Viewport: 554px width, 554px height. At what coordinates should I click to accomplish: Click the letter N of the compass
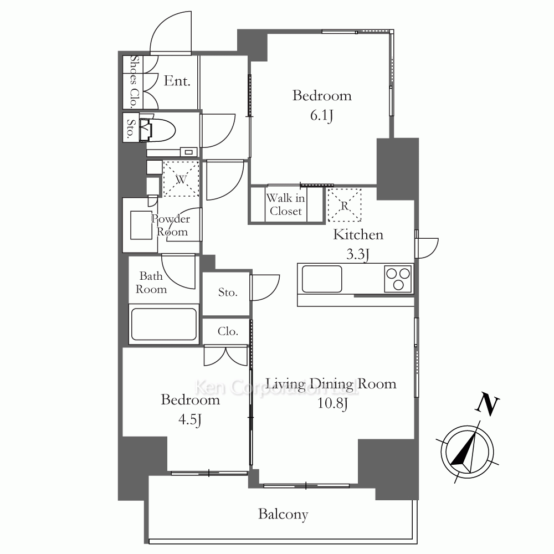pyautogui.click(x=487, y=406)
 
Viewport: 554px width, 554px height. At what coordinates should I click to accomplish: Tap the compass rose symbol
pyautogui.click(x=467, y=452)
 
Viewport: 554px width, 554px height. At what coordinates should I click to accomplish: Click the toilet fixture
pyautogui.click(x=157, y=128)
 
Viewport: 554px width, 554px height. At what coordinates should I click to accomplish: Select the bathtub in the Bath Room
pyautogui.click(x=164, y=325)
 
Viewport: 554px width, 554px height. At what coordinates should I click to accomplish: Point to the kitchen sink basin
pyautogui.click(x=322, y=279)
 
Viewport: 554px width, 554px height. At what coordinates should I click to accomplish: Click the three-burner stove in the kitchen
pyautogui.click(x=398, y=279)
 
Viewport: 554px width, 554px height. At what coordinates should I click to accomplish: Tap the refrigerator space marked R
pyautogui.click(x=345, y=206)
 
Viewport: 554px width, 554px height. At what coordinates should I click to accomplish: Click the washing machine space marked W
pyautogui.click(x=181, y=179)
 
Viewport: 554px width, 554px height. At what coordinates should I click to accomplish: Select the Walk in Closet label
pyautogui.click(x=285, y=204)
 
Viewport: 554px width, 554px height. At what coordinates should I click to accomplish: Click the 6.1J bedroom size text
pyautogui.click(x=321, y=116)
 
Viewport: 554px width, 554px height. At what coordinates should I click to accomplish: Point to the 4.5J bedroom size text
pyautogui.click(x=190, y=420)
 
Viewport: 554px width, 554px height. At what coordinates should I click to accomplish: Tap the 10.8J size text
pyautogui.click(x=332, y=403)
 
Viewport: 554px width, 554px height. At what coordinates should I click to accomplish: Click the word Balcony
pyautogui.click(x=283, y=515)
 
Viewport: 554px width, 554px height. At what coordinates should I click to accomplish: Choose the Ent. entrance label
pyautogui.click(x=177, y=81)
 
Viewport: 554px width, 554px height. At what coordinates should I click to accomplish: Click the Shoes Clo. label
pyautogui.click(x=133, y=81)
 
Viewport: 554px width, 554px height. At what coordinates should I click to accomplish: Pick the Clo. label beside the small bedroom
pyautogui.click(x=228, y=331)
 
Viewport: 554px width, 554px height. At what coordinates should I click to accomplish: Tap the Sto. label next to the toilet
pyautogui.click(x=130, y=129)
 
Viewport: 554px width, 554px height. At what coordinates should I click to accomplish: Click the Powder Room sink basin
pyautogui.click(x=141, y=225)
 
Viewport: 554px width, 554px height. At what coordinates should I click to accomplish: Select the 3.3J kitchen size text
pyautogui.click(x=358, y=254)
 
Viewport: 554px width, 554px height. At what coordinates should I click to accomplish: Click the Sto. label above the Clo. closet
pyautogui.click(x=228, y=292)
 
